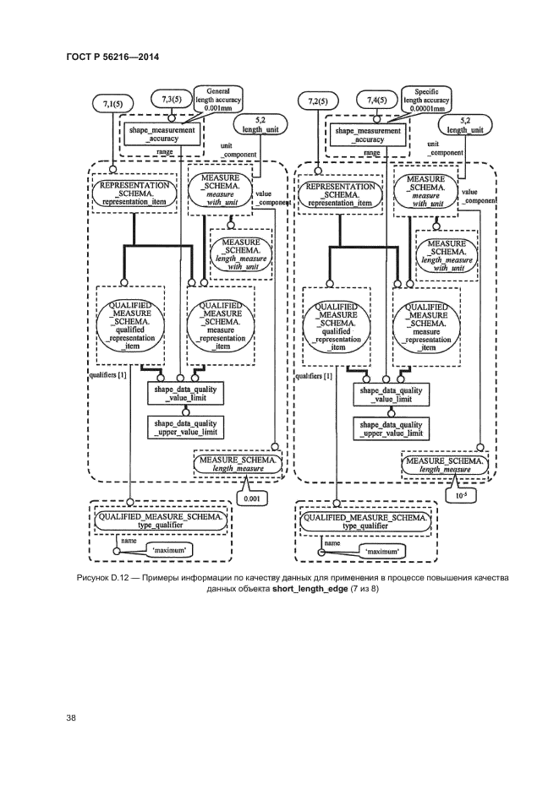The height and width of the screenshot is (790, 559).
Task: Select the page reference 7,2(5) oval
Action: point(319,102)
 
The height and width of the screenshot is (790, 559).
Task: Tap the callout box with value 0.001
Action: point(252,499)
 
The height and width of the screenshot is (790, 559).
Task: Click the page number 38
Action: point(72,717)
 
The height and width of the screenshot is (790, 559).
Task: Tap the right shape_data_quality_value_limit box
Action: point(392,395)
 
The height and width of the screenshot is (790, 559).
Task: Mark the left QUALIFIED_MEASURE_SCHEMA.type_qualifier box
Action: point(161,520)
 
